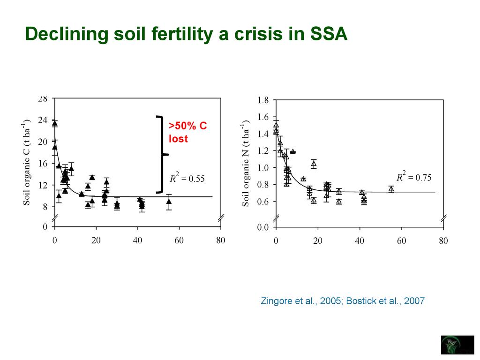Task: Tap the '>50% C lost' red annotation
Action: pyautogui.click(x=187, y=132)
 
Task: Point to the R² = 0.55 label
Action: pyautogui.click(x=187, y=179)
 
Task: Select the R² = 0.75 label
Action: pyautogui.click(x=414, y=177)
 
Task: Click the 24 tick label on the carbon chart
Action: pyautogui.click(x=42, y=120)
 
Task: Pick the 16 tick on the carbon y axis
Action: pyautogui.click(x=42, y=164)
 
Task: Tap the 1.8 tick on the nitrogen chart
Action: pyautogui.click(x=263, y=100)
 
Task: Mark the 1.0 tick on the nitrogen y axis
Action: pyautogui.click(x=263, y=168)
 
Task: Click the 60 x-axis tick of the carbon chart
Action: pyautogui.click(x=179, y=241)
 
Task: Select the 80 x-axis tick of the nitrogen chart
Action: pyautogui.click(x=443, y=241)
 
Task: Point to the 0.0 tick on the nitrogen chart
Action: pyautogui.click(x=263, y=228)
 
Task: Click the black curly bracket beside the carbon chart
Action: pyautogui.click(x=161, y=154)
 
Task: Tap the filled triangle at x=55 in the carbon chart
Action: pyautogui.click(x=169, y=202)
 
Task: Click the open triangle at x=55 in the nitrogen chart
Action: pyautogui.click(x=391, y=189)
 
